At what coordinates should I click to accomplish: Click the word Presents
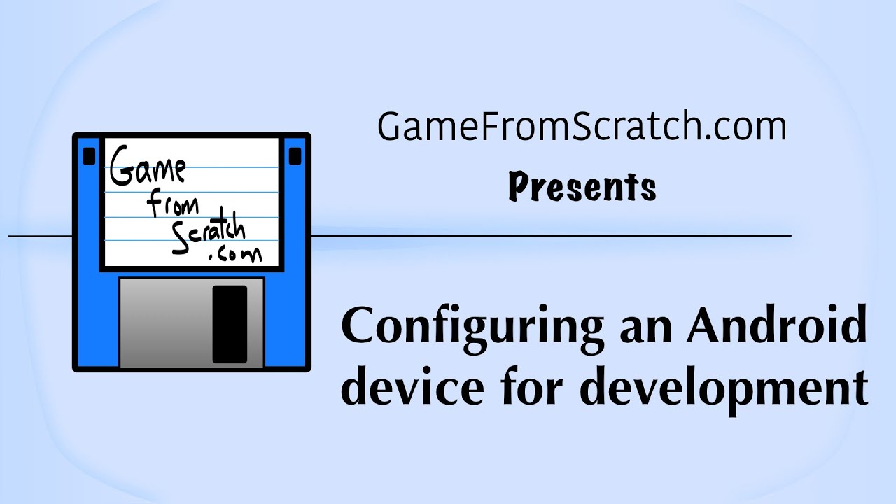(582, 188)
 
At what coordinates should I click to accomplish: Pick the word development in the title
(724, 388)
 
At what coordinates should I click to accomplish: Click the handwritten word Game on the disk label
(147, 169)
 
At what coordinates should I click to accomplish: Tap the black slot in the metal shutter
(230, 323)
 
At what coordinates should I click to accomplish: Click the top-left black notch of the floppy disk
(89, 155)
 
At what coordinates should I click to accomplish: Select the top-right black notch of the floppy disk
(295, 155)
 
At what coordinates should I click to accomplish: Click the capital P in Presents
(518, 187)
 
